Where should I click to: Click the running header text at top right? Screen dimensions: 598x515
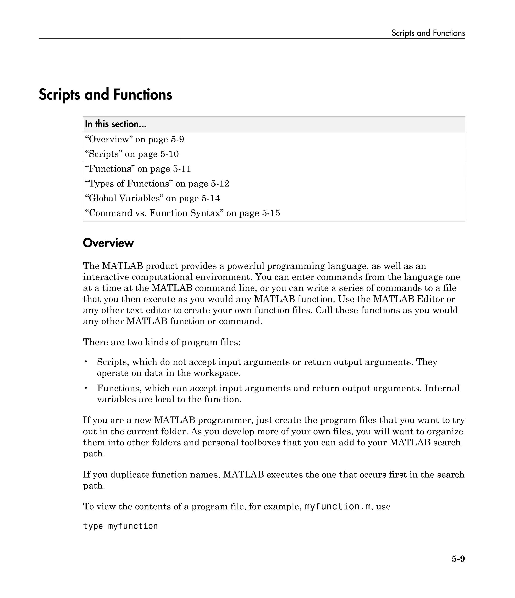click(428, 33)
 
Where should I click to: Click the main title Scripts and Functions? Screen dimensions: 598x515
click(105, 94)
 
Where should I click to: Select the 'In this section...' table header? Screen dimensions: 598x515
click(116, 124)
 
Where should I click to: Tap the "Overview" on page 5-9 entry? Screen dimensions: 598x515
click(135, 139)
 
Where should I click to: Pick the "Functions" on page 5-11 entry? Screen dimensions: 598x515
click(138, 169)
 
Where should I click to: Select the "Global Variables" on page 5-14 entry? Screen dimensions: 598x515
click(152, 198)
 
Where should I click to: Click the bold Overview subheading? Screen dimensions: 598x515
click(108, 243)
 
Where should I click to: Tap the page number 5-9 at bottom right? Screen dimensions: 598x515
click(458, 567)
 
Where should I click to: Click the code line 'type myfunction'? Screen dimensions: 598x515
click(120, 526)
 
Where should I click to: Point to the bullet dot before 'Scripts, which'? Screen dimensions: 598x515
click(86, 362)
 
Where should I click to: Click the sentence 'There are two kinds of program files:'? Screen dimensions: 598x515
click(162, 342)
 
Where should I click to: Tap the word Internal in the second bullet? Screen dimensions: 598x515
click(442, 388)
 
